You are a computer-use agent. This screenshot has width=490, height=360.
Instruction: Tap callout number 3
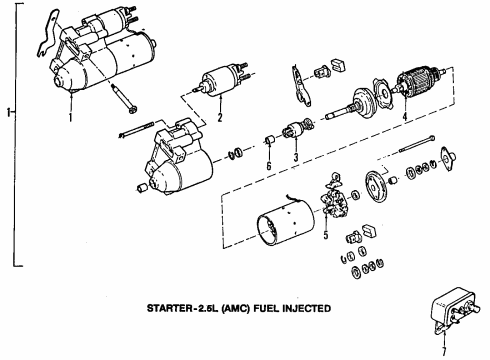(x=297, y=158)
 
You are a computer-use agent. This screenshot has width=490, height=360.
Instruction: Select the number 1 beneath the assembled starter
(x=71, y=119)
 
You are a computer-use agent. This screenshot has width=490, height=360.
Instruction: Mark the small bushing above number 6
(x=268, y=137)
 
